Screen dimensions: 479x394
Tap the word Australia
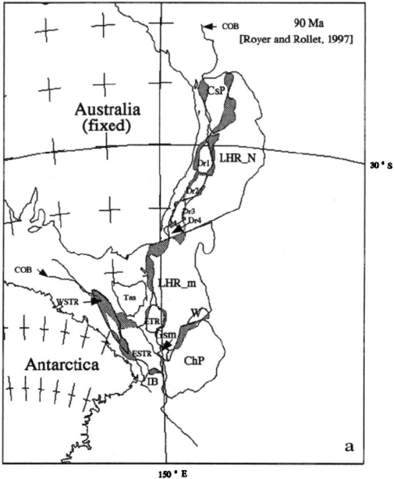pos(106,109)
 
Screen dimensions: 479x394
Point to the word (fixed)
pos(106,125)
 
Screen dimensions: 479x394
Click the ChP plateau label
pos(194,361)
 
